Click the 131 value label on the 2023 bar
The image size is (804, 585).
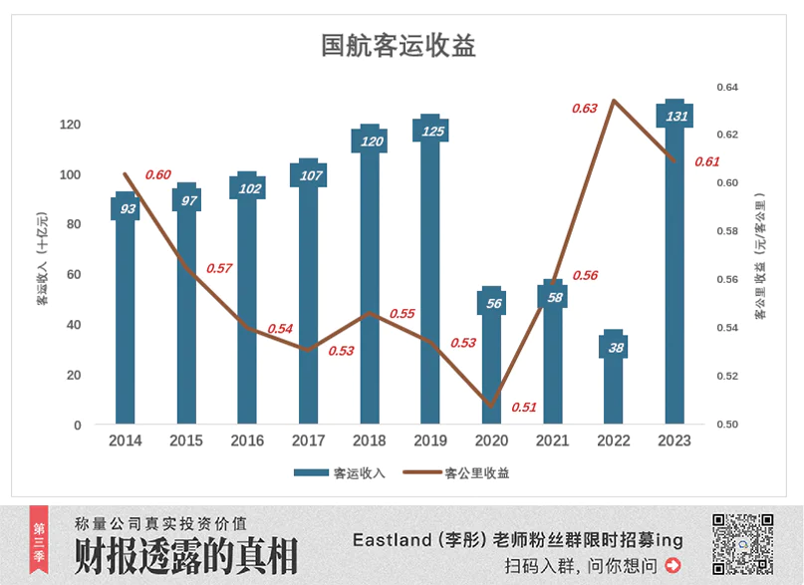(676, 117)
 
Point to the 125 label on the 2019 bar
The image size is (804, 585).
(431, 132)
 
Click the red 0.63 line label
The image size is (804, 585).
(585, 108)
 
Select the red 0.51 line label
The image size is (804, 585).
(524, 407)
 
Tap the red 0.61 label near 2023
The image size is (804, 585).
(707, 161)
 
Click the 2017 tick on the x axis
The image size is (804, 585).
(308, 440)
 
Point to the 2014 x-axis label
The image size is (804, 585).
(125, 440)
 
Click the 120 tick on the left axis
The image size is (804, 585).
(70, 125)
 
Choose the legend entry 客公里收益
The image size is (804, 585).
(476, 473)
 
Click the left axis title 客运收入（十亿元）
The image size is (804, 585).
(43, 258)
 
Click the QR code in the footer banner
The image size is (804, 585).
(742, 545)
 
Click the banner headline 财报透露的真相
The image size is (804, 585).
(186, 557)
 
